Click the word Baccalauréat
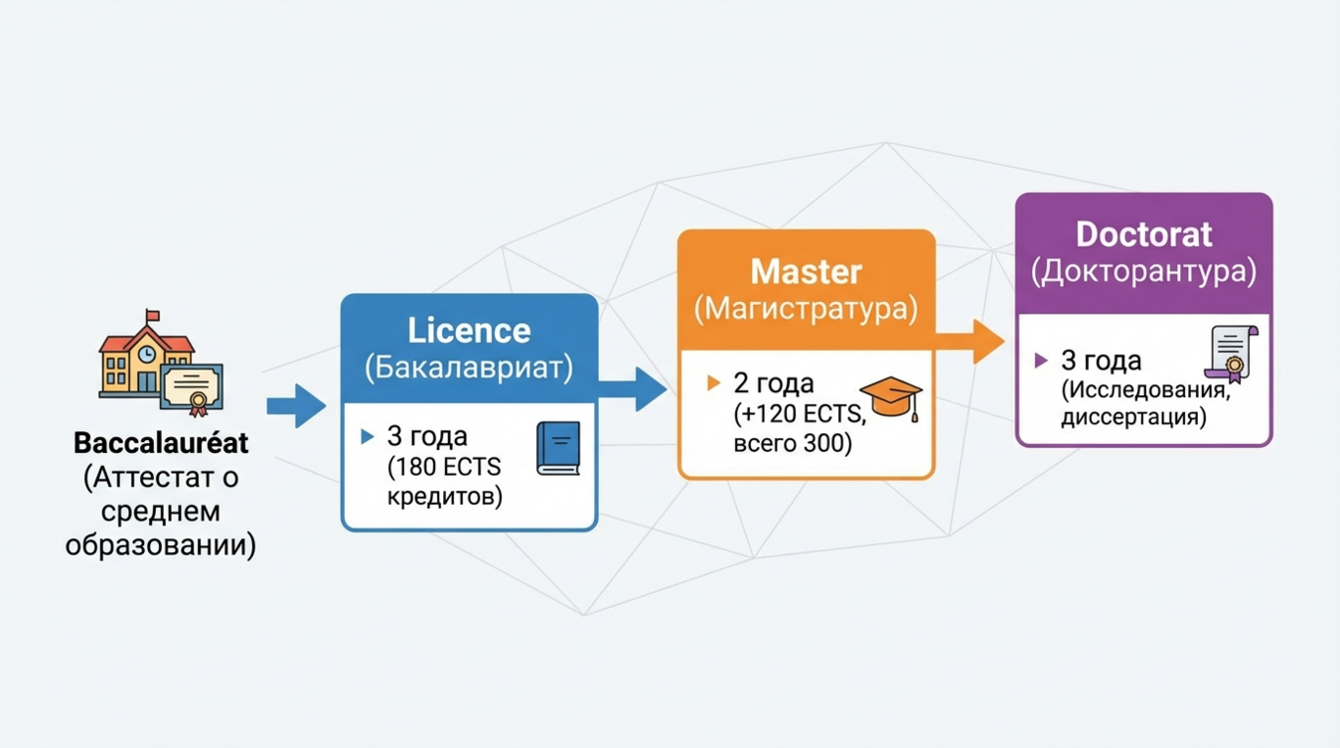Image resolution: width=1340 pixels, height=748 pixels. point(161,442)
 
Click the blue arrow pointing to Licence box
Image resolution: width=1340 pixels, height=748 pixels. point(296,405)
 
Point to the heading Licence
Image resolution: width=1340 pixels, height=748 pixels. point(469,331)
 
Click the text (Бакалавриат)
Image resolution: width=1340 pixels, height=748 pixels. point(469,369)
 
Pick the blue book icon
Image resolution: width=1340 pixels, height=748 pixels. point(557,448)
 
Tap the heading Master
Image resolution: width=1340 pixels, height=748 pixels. point(806,271)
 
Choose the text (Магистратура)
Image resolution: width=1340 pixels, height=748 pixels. point(806,309)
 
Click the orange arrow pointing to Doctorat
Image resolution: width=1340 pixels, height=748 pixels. point(970,342)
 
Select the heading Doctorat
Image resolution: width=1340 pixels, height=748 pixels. point(1143,234)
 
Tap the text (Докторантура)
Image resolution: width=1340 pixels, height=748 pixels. point(1143,271)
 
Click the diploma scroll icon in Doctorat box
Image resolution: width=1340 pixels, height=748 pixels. point(1231,354)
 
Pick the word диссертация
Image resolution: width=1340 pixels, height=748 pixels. point(1133,417)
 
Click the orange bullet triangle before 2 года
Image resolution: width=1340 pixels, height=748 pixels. point(713,383)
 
